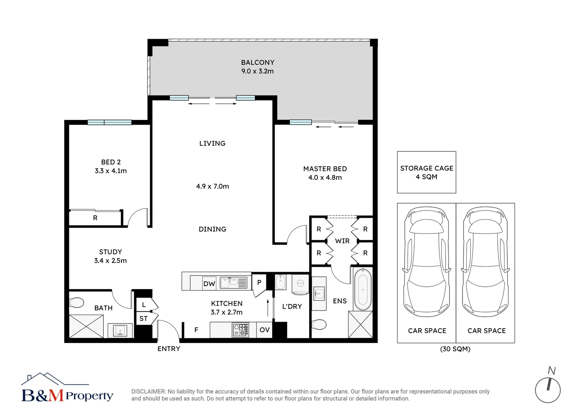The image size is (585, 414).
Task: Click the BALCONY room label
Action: (x=258, y=62)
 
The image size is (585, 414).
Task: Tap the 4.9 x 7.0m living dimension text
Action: (x=212, y=186)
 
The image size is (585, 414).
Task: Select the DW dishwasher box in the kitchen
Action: (x=209, y=284)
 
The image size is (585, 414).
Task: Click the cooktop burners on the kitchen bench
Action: (x=240, y=330)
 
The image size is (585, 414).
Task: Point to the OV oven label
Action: (x=265, y=330)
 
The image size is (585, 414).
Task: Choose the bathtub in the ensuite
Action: (x=363, y=289)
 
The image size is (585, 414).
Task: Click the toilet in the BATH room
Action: (x=76, y=302)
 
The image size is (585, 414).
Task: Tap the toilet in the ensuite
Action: (x=319, y=325)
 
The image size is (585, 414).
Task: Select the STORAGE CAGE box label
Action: (x=426, y=168)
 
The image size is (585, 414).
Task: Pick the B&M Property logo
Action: (x=67, y=387)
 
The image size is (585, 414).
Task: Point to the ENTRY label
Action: (x=169, y=348)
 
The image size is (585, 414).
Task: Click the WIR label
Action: (x=342, y=241)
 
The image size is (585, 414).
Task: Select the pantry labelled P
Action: (x=259, y=283)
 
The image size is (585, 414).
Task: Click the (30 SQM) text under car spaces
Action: (x=455, y=349)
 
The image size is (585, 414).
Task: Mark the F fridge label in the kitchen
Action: (x=196, y=330)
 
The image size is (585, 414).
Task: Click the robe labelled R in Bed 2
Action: (x=95, y=218)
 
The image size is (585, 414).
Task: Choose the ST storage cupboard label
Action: (x=143, y=319)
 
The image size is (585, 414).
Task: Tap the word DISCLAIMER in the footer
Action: (x=149, y=391)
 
